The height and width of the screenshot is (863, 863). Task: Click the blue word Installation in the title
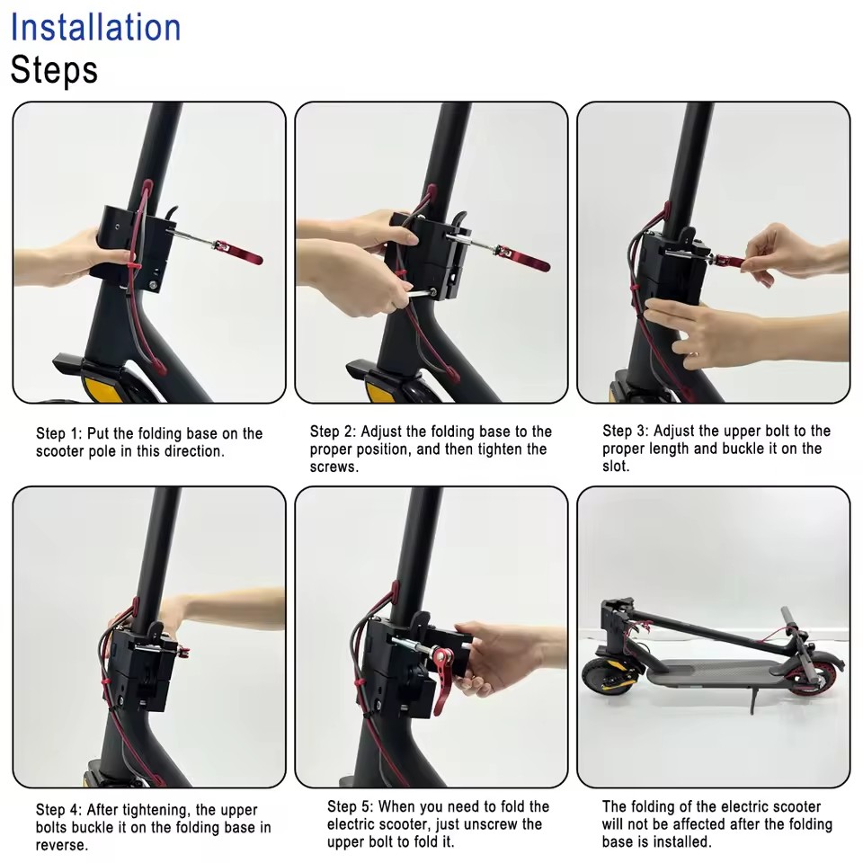(96, 28)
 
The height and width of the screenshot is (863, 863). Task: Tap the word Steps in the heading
(54, 70)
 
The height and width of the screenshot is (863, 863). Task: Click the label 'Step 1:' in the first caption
(59, 433)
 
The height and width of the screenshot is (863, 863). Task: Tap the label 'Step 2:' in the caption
(333, 431)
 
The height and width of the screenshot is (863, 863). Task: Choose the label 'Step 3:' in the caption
(626, 431)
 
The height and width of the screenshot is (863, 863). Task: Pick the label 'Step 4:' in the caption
(58, 810)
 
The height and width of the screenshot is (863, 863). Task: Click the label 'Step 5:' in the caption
(350, 807)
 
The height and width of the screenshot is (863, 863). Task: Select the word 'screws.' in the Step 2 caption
(334, 467)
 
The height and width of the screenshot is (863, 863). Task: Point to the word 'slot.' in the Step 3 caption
(616, 467)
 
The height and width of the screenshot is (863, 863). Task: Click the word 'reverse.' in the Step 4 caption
(62, 845)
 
